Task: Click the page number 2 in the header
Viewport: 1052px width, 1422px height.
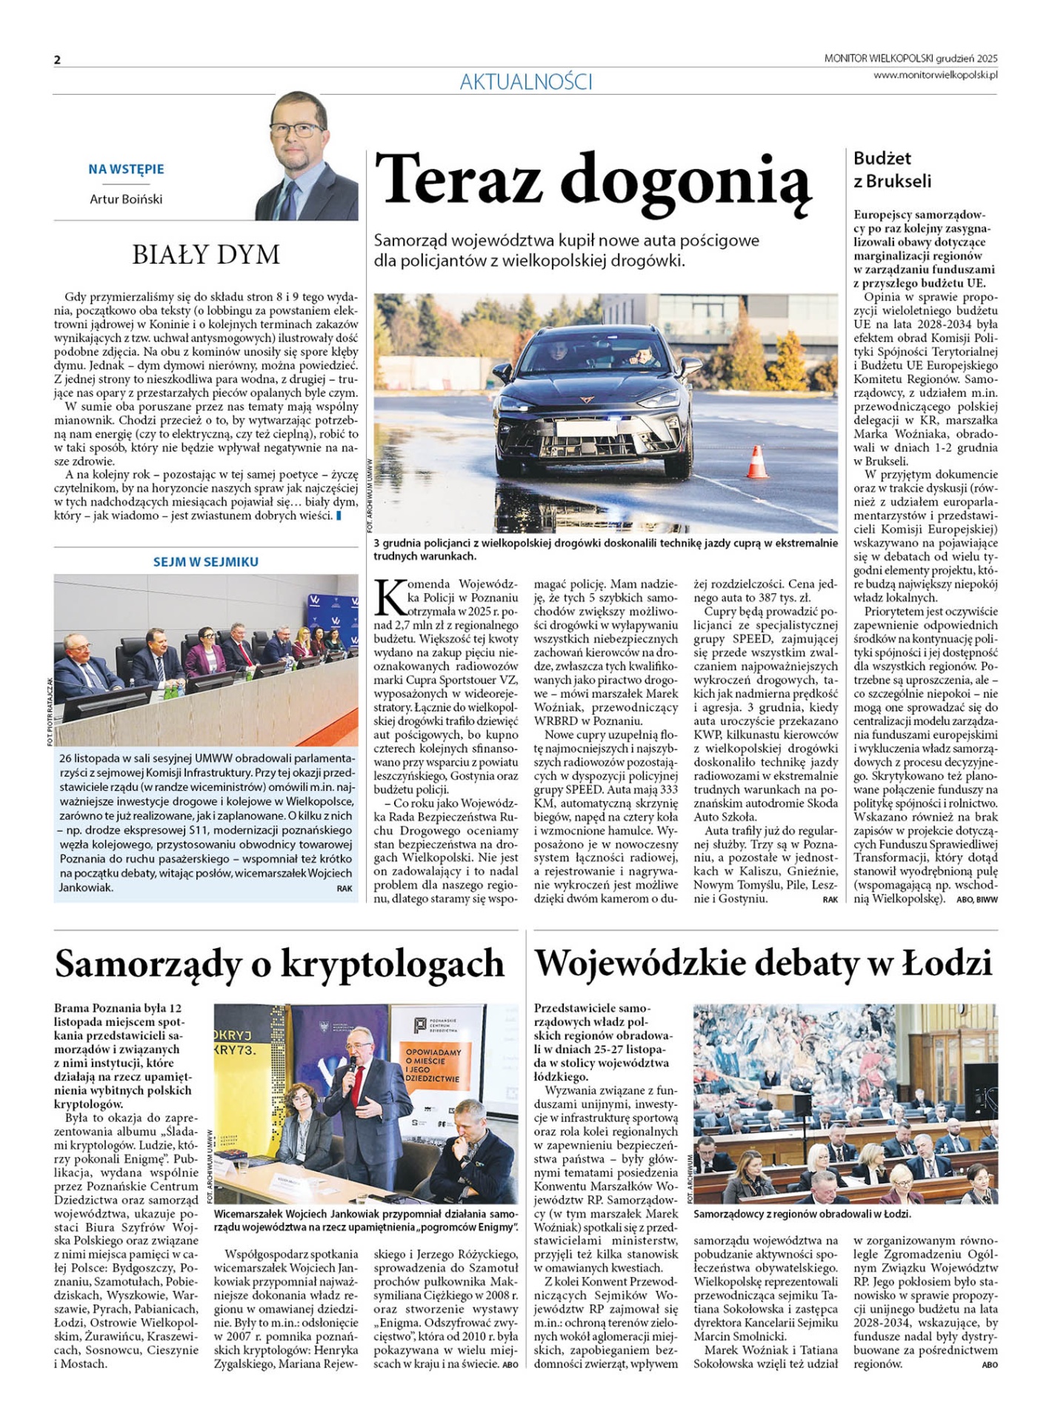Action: [57, 60]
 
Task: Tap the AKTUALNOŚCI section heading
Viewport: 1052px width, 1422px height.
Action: [525, 82]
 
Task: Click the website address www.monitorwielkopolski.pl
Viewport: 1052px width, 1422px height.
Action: [935, 75]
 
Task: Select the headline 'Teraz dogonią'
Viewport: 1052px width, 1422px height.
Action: [593, 180]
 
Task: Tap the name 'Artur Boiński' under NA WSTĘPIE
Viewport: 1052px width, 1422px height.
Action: [126, 199]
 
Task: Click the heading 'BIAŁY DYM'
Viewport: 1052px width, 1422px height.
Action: [206, 255]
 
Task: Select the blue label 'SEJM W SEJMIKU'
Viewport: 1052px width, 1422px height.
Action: [206, 562]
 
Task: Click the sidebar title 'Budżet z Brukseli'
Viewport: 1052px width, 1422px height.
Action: [892, 170]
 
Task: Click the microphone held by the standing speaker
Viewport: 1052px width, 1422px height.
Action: [348, 1071]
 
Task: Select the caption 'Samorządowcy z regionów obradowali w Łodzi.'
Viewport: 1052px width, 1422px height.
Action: [802, 1215]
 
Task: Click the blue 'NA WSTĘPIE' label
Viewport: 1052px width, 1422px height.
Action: [126, 170]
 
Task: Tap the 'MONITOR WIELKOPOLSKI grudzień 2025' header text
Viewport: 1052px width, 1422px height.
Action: [910, 59]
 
